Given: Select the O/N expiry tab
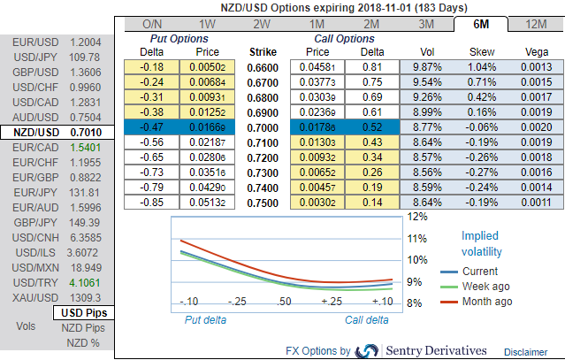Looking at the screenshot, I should click(x=151, y=24).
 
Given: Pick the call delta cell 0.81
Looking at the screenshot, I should click(x=372, y=66).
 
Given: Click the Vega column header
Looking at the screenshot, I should click(x=536, y=51).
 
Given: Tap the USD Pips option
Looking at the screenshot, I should click(x=85, y=313).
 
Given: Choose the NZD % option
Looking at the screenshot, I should click(x=83, y=343).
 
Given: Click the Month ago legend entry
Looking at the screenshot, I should click(x=487, y=302).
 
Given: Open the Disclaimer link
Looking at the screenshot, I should click(x=526, y=351).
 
